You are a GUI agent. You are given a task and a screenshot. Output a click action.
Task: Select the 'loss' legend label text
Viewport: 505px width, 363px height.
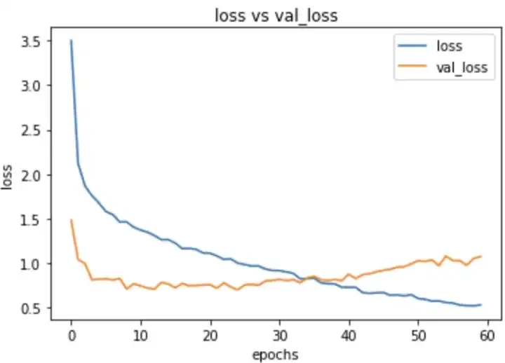450,46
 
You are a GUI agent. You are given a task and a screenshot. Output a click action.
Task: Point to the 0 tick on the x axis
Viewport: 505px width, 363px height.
71,334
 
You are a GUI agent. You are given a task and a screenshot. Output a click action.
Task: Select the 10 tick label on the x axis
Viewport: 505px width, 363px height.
140,334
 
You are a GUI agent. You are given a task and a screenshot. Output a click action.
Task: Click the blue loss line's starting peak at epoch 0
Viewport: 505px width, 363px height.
71,41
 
